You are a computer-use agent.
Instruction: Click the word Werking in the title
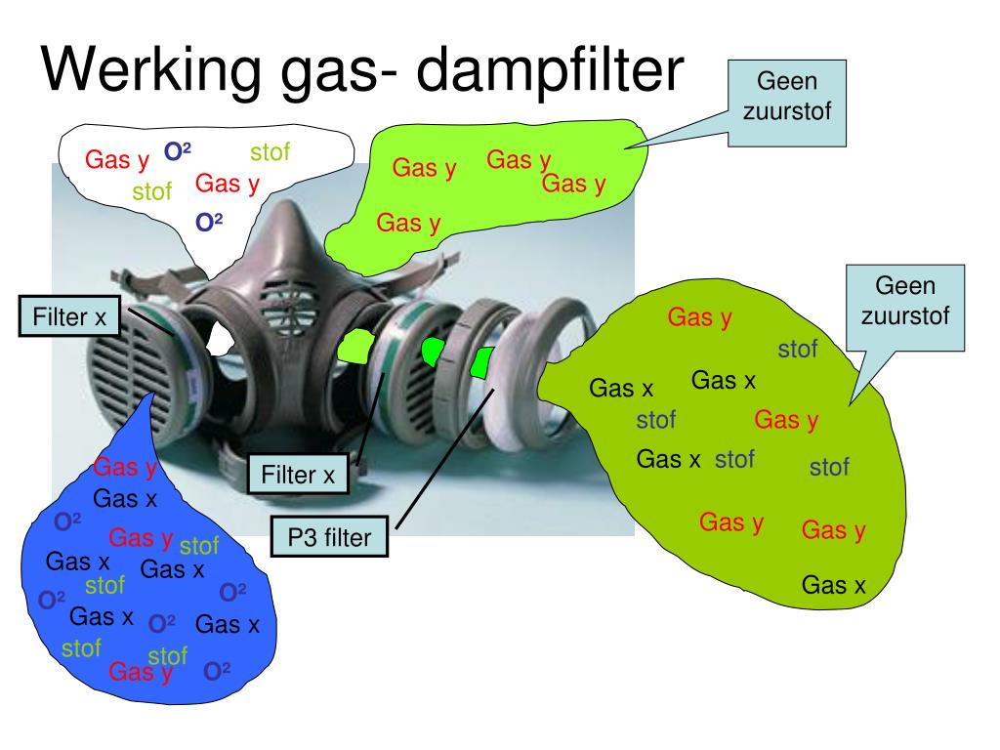click(151, 71)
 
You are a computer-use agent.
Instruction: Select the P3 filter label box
click(329, 537)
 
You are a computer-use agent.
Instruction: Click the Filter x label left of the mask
click(69, 316)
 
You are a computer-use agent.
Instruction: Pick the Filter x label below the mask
click(298, 475)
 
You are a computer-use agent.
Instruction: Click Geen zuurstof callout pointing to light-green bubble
click(787, 104)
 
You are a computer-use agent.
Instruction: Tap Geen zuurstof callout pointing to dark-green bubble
click(905, 308)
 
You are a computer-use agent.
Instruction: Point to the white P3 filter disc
click(510, 389)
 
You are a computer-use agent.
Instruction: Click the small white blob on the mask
click(220, 338)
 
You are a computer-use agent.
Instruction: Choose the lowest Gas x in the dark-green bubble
click(833, 585)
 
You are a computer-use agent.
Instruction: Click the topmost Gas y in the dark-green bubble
click(699, 317)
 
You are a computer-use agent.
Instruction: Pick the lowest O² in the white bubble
click(209, 222)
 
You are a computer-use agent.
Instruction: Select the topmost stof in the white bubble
click(270, 151)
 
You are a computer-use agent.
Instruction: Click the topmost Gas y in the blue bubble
click(125, 468)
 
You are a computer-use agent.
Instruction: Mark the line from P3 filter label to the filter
click(444, 459)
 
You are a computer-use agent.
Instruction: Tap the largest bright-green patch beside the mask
click(355, 346)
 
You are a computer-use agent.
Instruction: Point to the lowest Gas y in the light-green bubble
click(408, 224)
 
